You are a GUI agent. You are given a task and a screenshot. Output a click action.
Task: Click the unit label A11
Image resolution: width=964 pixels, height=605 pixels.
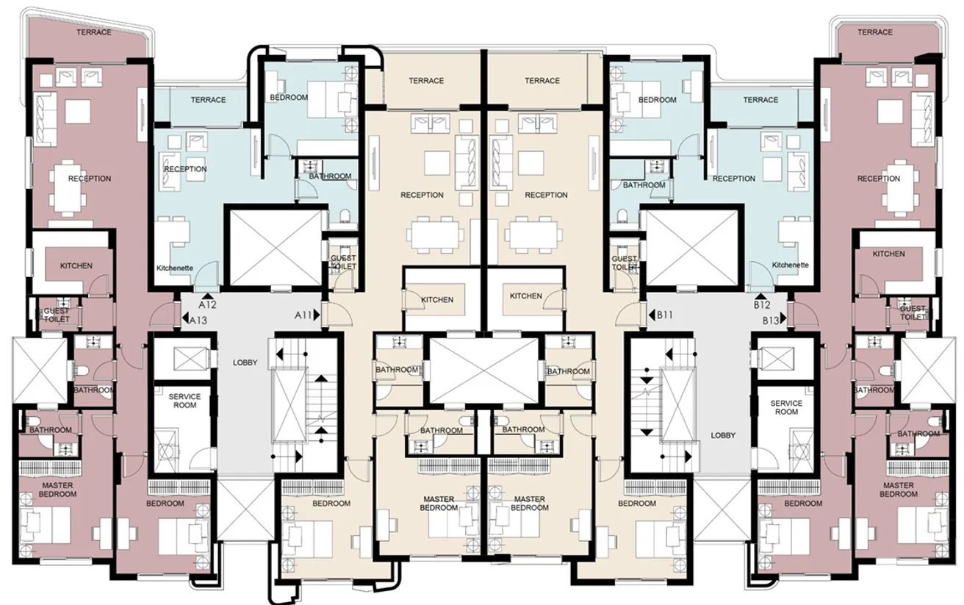(303, 315)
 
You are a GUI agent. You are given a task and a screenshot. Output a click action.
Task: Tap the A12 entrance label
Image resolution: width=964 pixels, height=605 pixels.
(207, 304)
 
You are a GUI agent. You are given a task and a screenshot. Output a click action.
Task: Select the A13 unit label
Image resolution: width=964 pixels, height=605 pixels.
(198, 320)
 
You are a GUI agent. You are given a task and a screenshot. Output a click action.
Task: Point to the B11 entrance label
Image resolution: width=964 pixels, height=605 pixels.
(665, 315)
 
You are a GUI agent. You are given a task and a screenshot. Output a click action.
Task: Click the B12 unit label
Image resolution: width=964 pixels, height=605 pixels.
(762, 304)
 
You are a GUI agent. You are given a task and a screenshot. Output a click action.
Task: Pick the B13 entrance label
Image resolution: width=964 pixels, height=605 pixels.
(770, 321)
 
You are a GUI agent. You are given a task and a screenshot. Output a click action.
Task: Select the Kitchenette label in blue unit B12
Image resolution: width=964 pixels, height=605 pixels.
(790, 265)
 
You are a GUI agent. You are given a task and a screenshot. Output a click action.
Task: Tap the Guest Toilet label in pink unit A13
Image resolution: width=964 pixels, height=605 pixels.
(57, 315)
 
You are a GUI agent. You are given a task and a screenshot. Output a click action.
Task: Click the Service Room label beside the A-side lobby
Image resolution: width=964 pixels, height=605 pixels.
(184, 401)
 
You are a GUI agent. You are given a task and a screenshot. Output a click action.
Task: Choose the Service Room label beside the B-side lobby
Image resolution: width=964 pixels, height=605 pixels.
(785, 407)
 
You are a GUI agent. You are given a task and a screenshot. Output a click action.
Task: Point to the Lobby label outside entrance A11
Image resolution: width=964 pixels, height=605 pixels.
(245, 362)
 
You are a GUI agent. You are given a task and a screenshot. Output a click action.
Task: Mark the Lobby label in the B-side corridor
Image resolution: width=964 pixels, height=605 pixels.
(723, 435)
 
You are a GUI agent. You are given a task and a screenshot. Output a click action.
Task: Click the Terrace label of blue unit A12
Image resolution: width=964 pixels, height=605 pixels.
(208, 100)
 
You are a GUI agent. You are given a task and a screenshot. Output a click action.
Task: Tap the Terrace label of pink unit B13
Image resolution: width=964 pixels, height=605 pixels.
(875, 32)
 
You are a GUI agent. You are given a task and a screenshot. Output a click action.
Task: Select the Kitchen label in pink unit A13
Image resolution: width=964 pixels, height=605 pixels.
(76, 265)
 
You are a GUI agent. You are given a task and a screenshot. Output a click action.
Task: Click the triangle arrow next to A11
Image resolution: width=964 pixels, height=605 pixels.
(318, 315)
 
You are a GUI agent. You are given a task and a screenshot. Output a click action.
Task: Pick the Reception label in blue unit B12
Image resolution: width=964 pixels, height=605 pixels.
(734, 179)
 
